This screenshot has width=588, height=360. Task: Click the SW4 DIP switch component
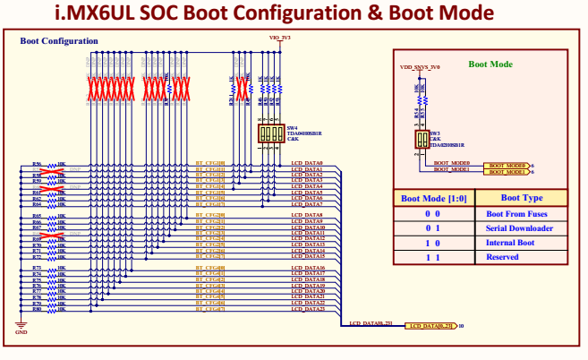coord(271,133)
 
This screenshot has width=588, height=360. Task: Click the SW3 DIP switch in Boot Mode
coord(421,140)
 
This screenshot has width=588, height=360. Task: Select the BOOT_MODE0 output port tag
coord(506,165)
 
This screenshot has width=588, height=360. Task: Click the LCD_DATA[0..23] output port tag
coord(430,326)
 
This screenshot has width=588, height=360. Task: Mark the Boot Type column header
coord(521,198)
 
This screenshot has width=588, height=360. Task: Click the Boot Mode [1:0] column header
coord(433,198)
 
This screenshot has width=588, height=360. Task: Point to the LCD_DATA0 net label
coord(307,164)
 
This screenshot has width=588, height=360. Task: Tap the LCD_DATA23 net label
coord(308,309)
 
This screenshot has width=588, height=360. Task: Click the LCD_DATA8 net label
coord(307,216)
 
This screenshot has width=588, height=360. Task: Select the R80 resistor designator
coord(37,309)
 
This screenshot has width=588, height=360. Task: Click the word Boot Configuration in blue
coord(59,41)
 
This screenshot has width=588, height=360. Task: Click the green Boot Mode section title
coord(490,64)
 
